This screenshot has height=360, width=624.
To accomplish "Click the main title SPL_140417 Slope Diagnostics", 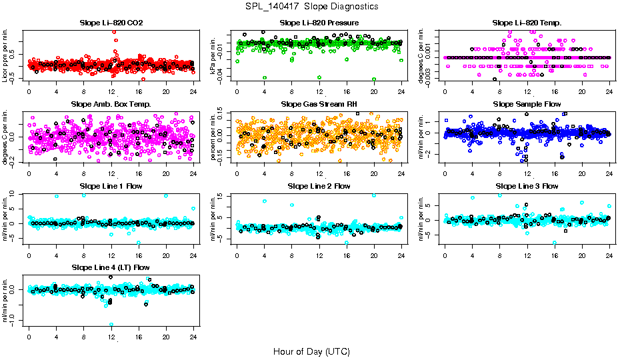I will click(312, 6).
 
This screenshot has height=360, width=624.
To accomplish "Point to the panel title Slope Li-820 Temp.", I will click(527, 23).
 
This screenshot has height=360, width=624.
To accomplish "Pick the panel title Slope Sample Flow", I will click(527, 105).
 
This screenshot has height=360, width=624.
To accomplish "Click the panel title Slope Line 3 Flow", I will click(527, 186).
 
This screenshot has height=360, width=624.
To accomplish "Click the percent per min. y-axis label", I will click(214, 137).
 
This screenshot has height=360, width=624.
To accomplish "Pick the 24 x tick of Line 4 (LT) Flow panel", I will click(193, 337).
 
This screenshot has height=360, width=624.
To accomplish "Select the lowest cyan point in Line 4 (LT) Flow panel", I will click(111, 325).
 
